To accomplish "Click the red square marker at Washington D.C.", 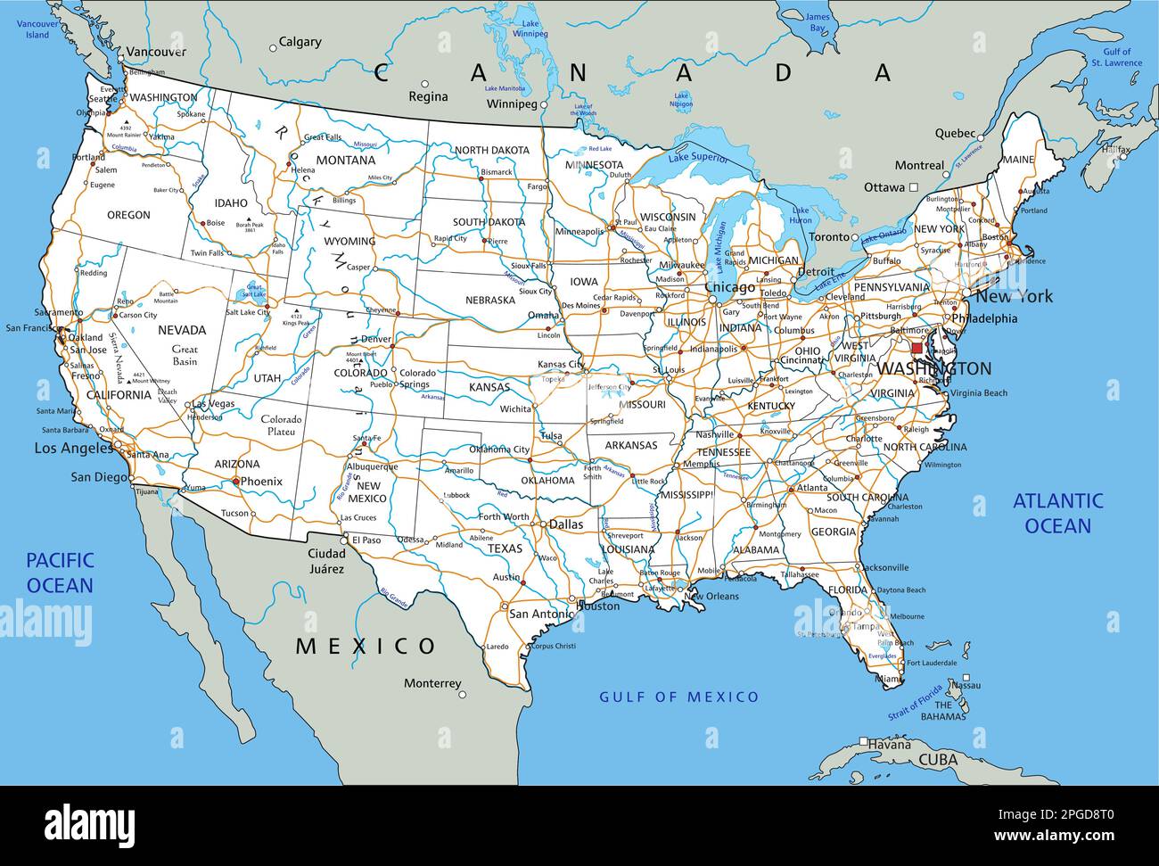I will click(917, 348).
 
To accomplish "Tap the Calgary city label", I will click(300, 41).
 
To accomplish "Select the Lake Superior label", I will click(698, 159).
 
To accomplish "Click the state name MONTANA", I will click(346, 161).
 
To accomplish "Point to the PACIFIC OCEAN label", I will click(60, 573).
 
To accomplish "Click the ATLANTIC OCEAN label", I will click(1057, 513).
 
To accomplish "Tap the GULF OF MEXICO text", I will click(678, 697).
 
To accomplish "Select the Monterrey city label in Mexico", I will click(432, 683).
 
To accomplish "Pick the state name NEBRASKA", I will click(489, 300).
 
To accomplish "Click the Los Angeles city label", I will click(74, 448).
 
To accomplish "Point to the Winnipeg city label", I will click(512, 104).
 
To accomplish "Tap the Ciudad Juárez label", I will click(325, 561).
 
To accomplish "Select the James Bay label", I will click(817, 22).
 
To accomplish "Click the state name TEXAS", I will click(504, 548).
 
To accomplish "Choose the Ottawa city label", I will click(884, 187).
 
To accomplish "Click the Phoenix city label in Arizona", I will click(261, 481).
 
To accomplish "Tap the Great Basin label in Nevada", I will click(185, 355).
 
